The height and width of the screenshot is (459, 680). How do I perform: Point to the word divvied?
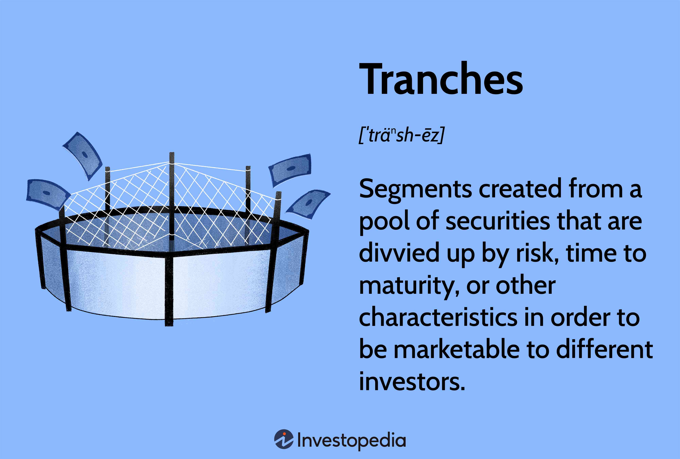tap(399, 253)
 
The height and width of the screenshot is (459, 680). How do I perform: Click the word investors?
tap(412, 382)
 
